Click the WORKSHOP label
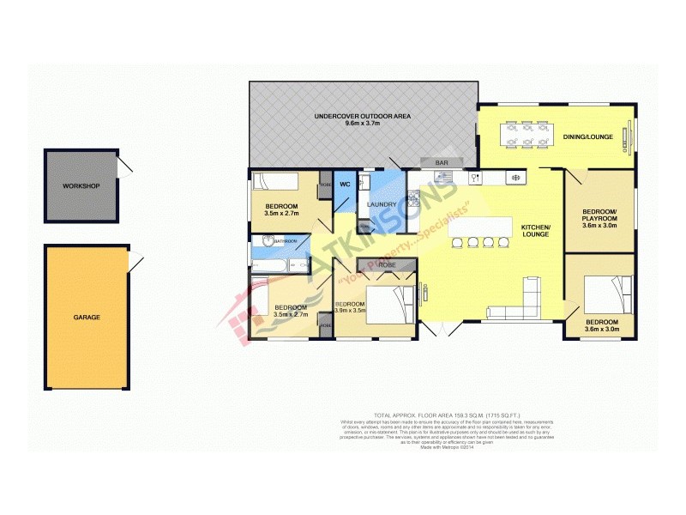pyautogui.click(x=81, y=186)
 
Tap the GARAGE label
pyautogui.click(x=86, y=317)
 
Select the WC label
pyautogui.click(x=344, y=184)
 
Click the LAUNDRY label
pyautogui.click(x=381, y=204)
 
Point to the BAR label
pyautogui.click(x=442, y=162)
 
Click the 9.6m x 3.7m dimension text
pyautogui.click(x=362, y=124)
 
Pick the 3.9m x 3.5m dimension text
pyautogui.click(x=350, y=311)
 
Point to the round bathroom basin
pyautogui.click(x=259, y=242)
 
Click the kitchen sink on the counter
pyautogui.click(x=445, y=177)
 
